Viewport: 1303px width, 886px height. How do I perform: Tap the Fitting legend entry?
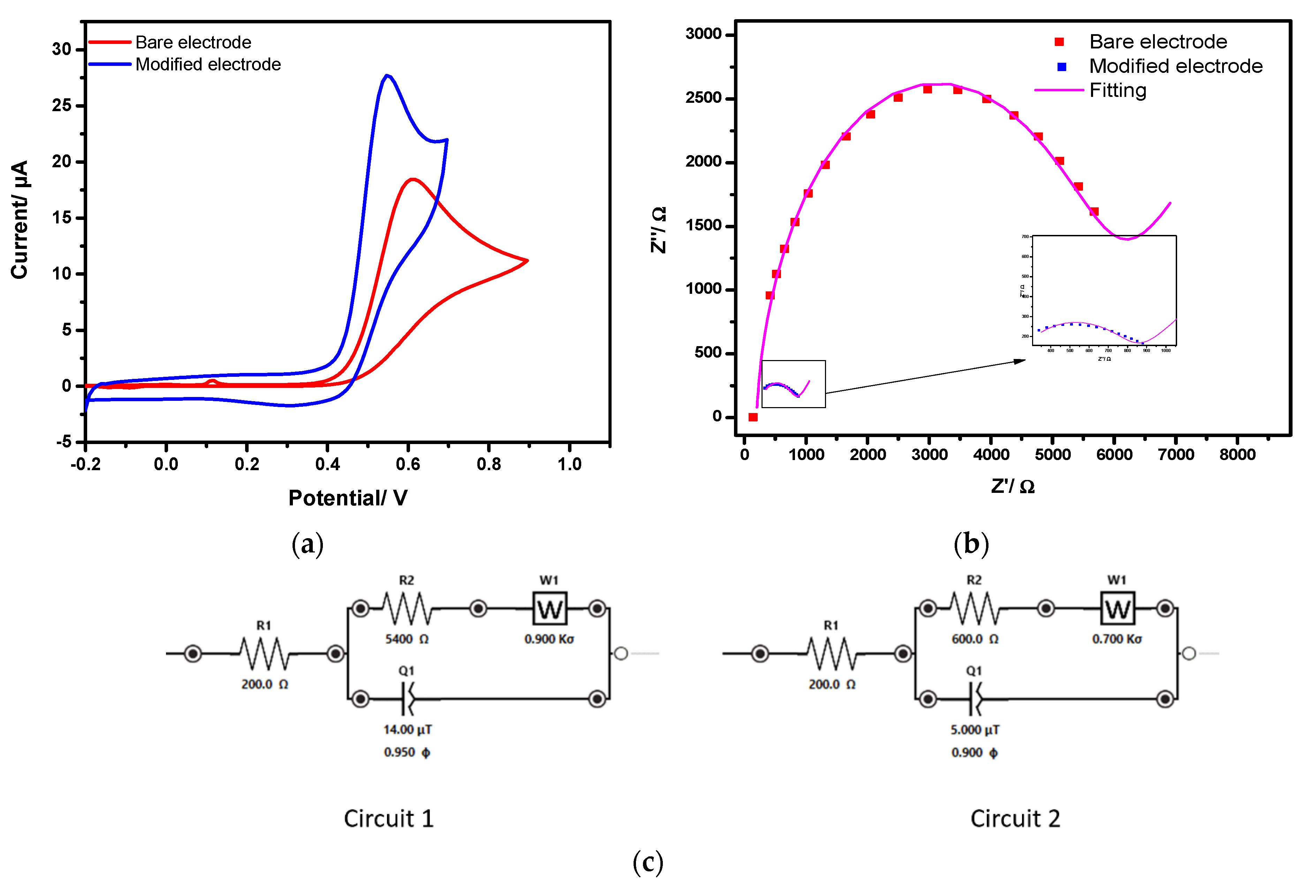click(x=1118, y=90)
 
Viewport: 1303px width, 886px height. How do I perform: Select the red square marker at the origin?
click(x=753, y=417)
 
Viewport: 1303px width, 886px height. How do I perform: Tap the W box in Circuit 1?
click(x=550, y=609)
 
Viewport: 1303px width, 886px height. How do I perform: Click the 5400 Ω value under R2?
click(x=407, y=639)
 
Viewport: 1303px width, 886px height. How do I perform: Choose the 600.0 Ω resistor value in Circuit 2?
click(x=975, y=639)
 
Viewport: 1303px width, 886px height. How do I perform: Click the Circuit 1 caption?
click(x=388, y=819)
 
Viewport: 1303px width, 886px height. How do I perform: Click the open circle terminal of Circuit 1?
click(x=621, y=654)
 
